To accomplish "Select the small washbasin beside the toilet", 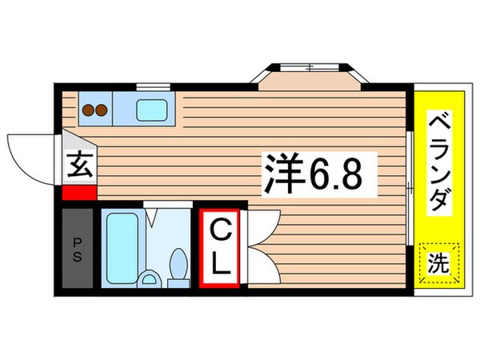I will (x=148, y=279).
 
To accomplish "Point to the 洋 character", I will (x=280, y=174).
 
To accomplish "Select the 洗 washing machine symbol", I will (x=441, y=262).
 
